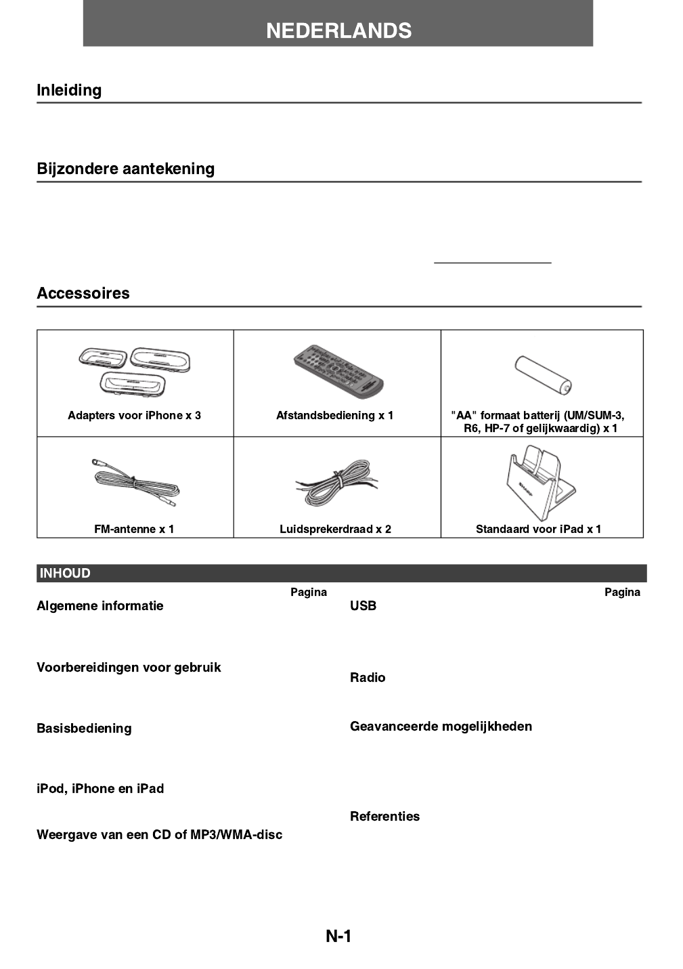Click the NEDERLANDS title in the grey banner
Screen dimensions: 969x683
[x=338, y=30]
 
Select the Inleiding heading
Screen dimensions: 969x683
[x=69, y=90]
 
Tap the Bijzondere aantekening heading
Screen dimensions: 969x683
[x=125, y=169]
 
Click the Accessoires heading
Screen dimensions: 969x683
[x=83, y=293]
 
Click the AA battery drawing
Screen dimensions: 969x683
[x=543, y=374]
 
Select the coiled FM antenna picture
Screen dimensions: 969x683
[x=135, y=483]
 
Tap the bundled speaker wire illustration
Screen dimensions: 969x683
[x=336, y=483]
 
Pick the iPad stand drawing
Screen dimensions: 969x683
[x=539, y=483]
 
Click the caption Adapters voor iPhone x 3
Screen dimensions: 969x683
[x=134, y=415]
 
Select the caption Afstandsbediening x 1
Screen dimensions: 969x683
[x=334, y=415]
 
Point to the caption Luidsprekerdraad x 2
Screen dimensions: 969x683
[x=335, y=529]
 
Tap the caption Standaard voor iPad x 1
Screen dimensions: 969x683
[x=538, y=529]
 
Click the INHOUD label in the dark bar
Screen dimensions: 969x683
[x=65, y=574]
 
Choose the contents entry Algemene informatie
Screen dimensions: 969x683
[x=100, y=605]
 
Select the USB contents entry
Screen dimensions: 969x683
[x=363, y=605]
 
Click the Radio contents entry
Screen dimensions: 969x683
[x=368, y=677]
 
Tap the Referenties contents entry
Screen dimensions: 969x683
[x=384, y=816]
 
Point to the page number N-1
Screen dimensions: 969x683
[x=338, y=936]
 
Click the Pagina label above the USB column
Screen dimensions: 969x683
[x=622, y=592]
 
